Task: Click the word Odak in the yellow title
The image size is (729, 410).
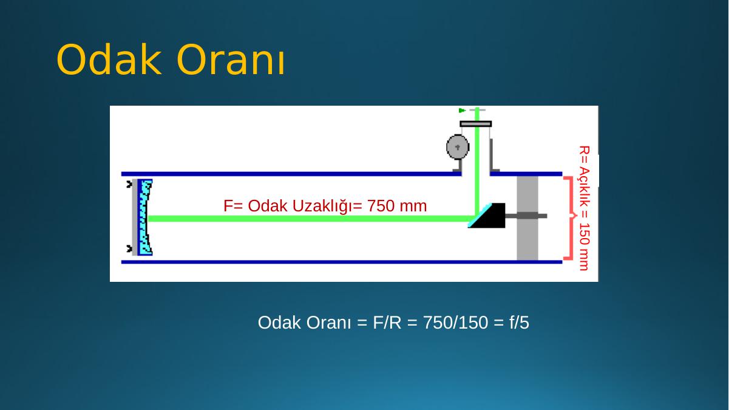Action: pyautogui.click(x=109, y=60)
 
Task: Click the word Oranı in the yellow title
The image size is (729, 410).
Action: pyautogui.click(x=231, y=60)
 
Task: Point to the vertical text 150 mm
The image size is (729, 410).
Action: pyautogui.click(x=585, y=247)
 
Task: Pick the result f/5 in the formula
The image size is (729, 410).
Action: pyautogui.click(x=519, y=323)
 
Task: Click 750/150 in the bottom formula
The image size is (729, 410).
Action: pyautogui.click(x=456, y=323)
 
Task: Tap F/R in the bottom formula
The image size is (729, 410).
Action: pyautogui.click(x=387, y=323)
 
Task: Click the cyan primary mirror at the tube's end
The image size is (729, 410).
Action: pyautogui.click(x=144, y=217)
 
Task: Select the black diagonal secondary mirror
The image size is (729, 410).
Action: pyautogui.click(x=487, y=216)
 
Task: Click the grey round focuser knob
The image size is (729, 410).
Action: pyautogui.click(x=458, y=147)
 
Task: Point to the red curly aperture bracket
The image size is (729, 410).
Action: pyautogui.click(x=569, y=218)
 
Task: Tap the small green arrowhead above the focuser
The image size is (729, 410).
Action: pyautogui.click(x=462, y=111)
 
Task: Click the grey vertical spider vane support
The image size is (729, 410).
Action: pyautogui.click(x=527, y=218)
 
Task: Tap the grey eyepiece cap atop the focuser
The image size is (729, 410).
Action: pyautogui.click(x=476, y=124)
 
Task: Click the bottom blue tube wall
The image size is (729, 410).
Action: pyautogui.click(x=342, y=262)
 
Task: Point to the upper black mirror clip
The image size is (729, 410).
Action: pyautogui.click(x=129, y=184)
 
